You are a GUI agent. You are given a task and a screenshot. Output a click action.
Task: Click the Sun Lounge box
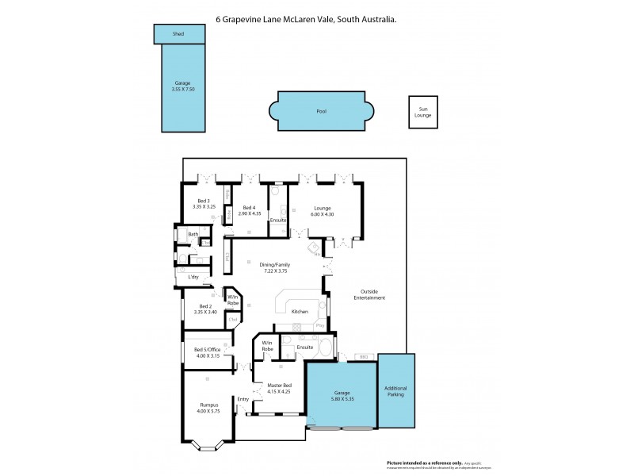[x=422, y=112]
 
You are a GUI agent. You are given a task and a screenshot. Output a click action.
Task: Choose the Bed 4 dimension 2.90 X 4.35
[x=250, y=213]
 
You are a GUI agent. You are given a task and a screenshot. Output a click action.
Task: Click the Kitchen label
[x=299, y=312]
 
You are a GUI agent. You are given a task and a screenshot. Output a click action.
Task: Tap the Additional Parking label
[x=395, y=392]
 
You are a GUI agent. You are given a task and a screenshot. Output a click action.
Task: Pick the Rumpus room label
[x=208, y=405]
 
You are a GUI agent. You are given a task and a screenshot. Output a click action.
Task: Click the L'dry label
[x=193, y=277]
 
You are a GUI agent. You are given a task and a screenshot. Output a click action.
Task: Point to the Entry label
[x=243, y=399]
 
